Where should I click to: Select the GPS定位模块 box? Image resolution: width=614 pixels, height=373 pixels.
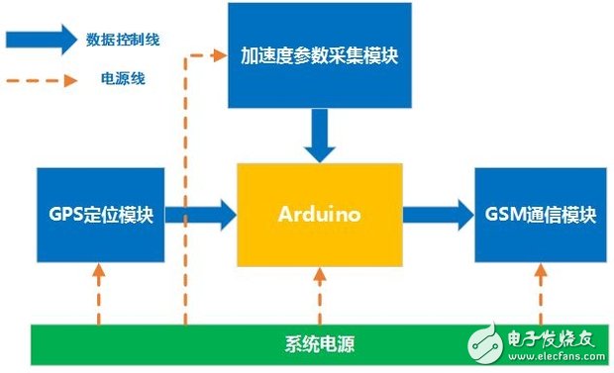tap(100, 215)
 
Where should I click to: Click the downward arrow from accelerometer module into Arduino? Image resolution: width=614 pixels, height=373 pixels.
tap(319, 137)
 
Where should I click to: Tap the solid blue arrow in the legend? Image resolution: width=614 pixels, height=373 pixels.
tap(41, 40)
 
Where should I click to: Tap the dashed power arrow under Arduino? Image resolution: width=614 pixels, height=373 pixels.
tap(319, 296)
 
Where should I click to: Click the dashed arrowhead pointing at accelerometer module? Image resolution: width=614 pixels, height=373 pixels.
tap(220, 54)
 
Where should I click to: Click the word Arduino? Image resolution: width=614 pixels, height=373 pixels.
tap(319, 215)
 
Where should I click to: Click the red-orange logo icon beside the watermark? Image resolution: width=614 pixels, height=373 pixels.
tap(486, 338)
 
